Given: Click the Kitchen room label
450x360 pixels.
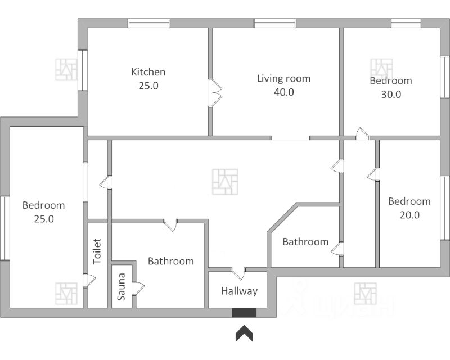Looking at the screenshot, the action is click(148, 72).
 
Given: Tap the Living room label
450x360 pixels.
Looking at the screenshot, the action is click(283, 78).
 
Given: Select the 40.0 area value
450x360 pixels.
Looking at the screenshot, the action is click(283, 92).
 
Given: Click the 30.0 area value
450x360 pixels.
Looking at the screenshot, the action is click(391, 94).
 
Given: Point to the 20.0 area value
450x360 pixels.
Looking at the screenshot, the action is click(409, 215).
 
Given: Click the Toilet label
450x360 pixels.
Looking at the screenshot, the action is click(97, 251).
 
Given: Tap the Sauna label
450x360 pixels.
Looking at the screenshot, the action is click(121, 287).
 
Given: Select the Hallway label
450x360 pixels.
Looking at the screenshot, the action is click(239, 291).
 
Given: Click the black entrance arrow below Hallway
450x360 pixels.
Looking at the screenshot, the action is click(244, 334).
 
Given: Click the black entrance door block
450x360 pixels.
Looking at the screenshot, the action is click(244, 312).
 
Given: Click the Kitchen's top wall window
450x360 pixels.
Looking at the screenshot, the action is click(149, 23).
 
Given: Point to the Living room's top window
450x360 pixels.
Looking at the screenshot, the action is click(274, 23).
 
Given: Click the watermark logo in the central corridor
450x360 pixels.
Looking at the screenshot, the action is click(224, 182).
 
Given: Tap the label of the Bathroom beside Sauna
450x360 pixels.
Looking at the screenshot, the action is click(171, 261).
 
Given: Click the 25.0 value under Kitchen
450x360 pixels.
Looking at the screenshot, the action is click(148, 86).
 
